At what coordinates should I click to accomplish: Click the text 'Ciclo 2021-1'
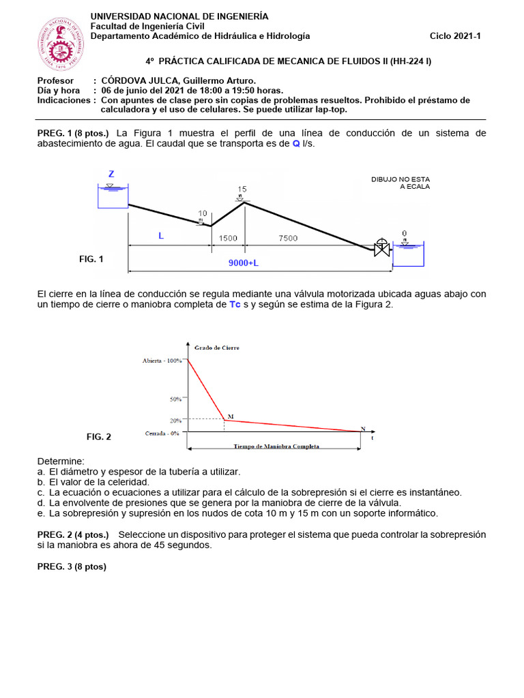[455, 36]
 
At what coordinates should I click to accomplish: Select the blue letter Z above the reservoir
[111, 174]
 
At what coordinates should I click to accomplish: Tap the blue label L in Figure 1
[161, 236]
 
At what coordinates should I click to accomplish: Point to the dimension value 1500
[228, 238]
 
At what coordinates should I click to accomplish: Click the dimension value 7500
[287, 238]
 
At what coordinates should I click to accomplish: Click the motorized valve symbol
[381, 247]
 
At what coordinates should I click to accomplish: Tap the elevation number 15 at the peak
[242, 189]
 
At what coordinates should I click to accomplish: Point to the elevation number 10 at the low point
[203, 213]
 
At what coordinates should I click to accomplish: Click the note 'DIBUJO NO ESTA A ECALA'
[401, 183]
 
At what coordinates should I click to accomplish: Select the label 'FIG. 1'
[91, 259]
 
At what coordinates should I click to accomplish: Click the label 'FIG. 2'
[98, 437]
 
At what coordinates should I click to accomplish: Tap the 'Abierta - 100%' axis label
[162, 360]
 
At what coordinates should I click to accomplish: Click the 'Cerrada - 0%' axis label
[162, 433]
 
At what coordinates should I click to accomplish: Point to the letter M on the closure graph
[230, 415]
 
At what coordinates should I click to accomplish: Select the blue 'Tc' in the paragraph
[235, 305]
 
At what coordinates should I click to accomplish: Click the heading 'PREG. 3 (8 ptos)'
[72, 566]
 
